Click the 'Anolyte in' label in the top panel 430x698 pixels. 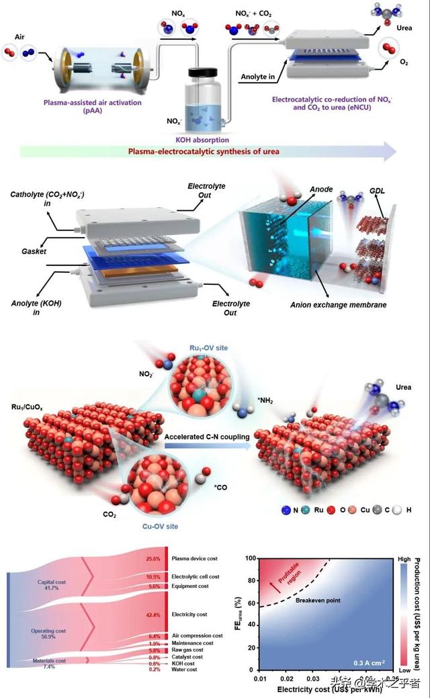click(258, 77)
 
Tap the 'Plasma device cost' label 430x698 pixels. click(195, 558)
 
